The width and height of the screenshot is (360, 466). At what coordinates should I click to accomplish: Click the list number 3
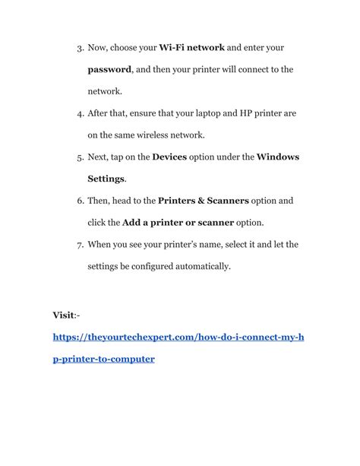click(80, 48)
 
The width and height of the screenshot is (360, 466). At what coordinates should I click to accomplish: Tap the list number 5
click(80, 157)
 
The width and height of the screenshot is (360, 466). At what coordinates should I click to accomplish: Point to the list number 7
click(80, 245)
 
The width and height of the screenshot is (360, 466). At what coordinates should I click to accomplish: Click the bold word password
click(110, 69)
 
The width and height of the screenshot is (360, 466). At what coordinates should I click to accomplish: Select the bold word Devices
click(174, 157)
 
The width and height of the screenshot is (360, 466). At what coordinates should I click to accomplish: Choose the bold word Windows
click(278, 157)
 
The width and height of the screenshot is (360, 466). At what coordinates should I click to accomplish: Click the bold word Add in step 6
click(134, 223)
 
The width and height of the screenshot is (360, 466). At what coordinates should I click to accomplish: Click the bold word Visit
click(63, 315)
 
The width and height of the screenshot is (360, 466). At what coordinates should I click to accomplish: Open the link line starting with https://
click(178, 336)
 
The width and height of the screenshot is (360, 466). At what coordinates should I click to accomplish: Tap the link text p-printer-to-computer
click(103, 358)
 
